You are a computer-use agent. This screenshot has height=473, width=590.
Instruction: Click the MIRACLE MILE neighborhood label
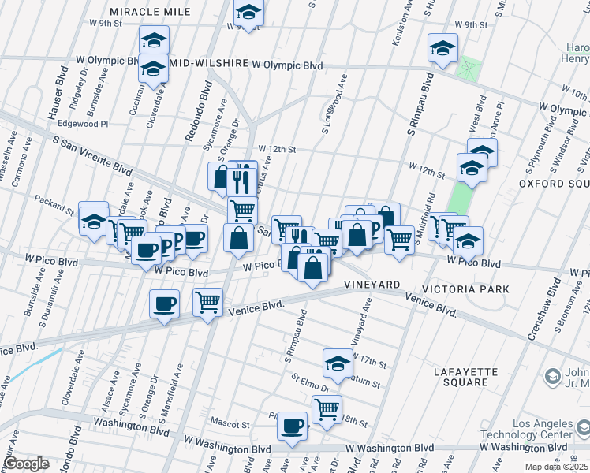pyautogui.click(x=150, y=12)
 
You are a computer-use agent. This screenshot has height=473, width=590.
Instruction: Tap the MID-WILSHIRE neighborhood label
pyautogui.click(x=207, y=62)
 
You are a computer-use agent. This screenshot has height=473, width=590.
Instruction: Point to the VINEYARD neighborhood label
pyautogui.click(x=372, y=284)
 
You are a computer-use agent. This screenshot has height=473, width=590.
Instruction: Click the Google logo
pyautogui.click(x=26, y=463)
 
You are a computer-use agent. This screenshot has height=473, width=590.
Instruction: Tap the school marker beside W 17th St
pyautogui.click(x=338, y=363)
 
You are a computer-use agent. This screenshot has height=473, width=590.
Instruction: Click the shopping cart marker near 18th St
pyautogui.click(x=327, y=409)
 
